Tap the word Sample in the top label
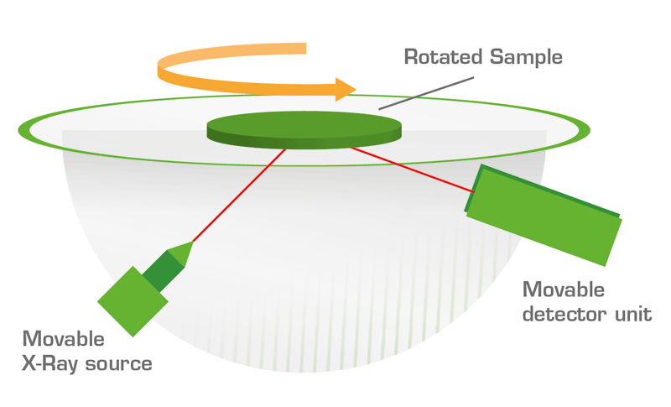(x=525, y=58)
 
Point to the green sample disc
(x=304, y=127)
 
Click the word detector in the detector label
(x=562, y=315)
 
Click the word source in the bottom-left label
(x=122, y=364)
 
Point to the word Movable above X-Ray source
(x=64, y=339)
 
